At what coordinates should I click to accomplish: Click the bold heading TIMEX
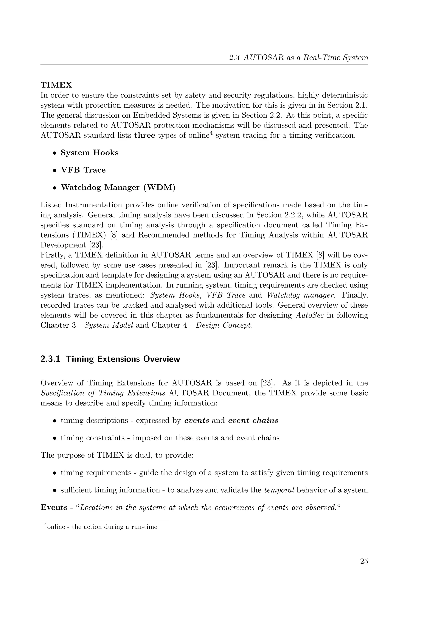tap(56, 85)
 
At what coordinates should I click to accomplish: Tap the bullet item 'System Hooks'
tap(89, 153)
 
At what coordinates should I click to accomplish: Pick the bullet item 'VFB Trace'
tap(83, 170)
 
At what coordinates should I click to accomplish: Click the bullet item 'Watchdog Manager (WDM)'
tap(118, 188)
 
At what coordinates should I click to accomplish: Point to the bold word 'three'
tap(145, 135)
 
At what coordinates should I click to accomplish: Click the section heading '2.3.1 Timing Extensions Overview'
tap(110, 359)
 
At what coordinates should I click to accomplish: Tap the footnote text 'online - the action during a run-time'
tap(102, 527)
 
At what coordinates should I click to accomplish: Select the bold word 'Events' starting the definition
tap(54, 507)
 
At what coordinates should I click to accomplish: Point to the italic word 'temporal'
tap(279, 490)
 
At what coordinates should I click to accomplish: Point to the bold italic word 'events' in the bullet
tap(197, 421)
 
